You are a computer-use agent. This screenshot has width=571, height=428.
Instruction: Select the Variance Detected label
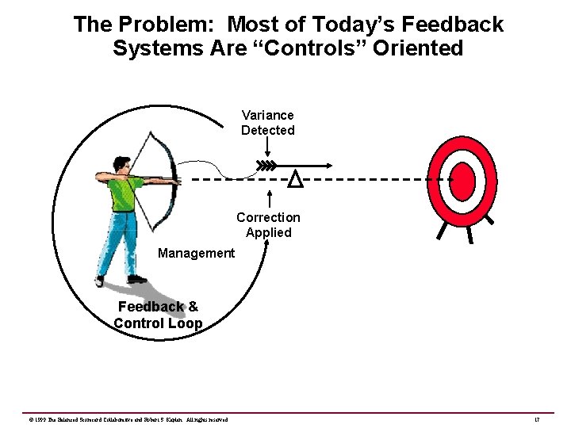[x=268, y=123]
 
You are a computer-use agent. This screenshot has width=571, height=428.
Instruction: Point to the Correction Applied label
[x=268, y=224]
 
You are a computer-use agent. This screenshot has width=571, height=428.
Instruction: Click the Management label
[x=196, y=253]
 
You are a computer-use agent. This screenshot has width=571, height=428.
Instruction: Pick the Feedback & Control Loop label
[x=158, y=315]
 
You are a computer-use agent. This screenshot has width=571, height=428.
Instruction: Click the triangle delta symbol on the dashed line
[x=295, y=180]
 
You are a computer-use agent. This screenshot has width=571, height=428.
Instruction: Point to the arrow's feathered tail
[x=266, y=166]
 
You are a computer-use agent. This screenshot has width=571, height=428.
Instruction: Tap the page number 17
[x=537, y=418]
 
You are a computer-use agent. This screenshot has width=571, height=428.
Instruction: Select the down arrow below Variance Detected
[x=268, y=149]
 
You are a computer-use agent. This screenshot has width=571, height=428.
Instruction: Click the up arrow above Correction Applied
[x=268, y=198]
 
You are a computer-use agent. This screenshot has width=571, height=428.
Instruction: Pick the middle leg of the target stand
[x=469, y=235]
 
